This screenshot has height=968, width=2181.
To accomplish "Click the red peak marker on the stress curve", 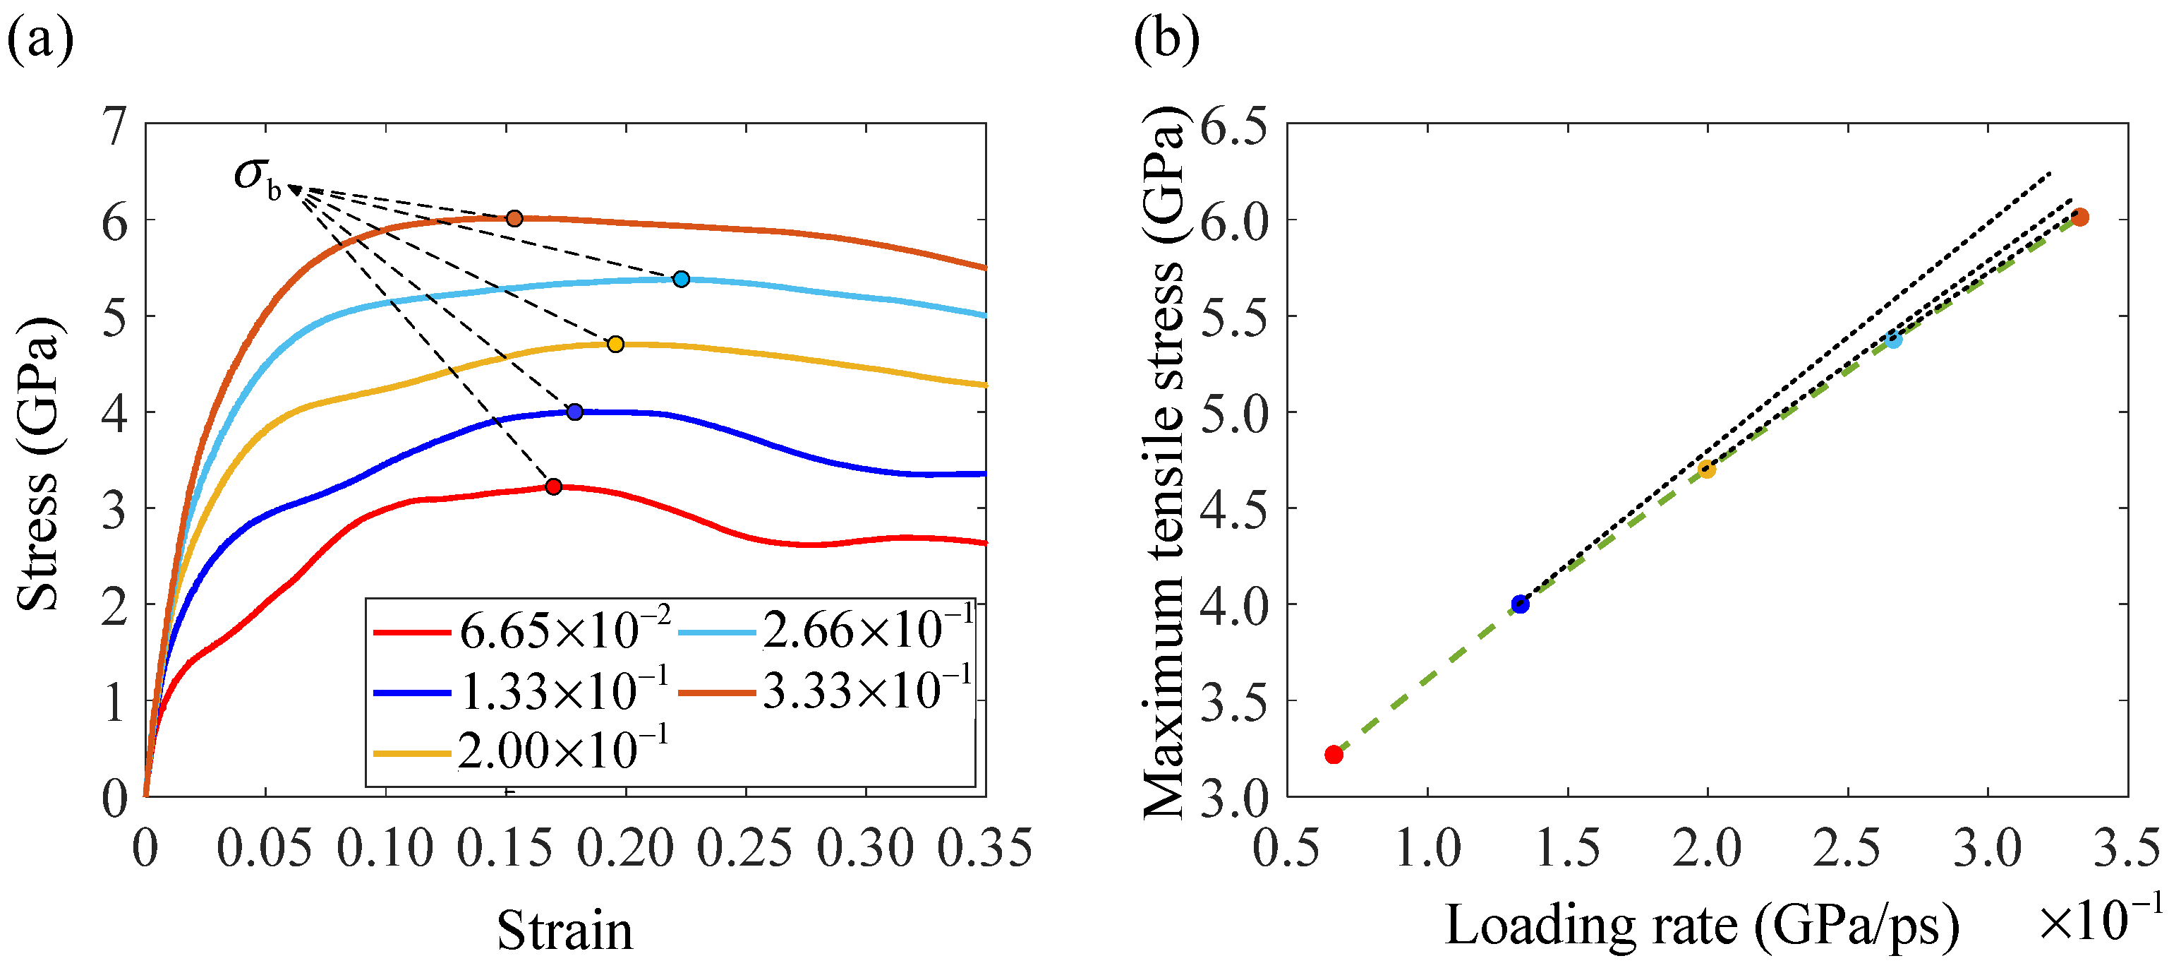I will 554,486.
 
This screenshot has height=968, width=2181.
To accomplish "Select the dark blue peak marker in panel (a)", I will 575,412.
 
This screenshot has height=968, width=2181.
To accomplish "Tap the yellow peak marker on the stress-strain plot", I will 615,344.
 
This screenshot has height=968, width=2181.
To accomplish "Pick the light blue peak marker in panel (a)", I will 682,280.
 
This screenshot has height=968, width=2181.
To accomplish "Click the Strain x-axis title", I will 564,930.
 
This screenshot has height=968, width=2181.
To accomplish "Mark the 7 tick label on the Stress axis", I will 114,127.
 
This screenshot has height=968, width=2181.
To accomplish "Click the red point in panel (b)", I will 1334,754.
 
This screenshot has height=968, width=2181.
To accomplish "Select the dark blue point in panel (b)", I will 1521,604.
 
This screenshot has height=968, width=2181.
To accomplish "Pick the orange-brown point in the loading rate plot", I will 2079,217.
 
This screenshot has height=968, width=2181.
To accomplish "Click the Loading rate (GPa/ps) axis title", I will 1702,925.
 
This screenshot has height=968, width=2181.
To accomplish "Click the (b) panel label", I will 1166,38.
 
